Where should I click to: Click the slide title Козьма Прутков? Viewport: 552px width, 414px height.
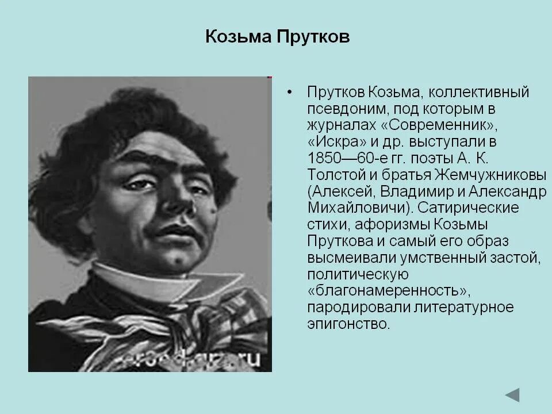pos(277,39)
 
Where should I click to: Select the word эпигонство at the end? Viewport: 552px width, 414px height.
pos(348,324)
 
